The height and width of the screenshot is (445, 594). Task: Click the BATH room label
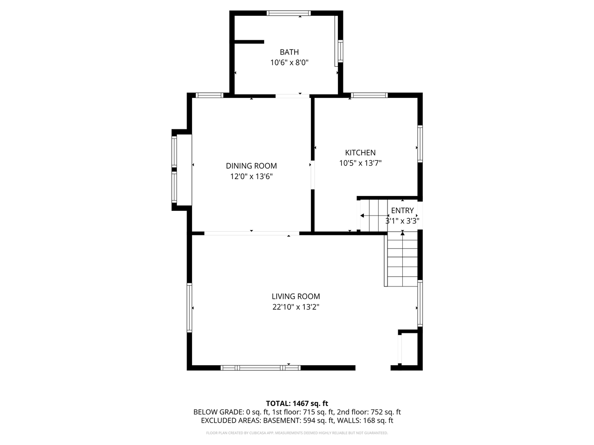pos(289,52)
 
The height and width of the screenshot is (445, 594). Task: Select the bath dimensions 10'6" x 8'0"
pos(289,62)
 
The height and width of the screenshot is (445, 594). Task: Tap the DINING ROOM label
pos(251,166)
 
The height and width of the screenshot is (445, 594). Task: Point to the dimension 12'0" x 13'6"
pos(251,176)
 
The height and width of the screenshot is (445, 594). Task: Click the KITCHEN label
pos(360,153)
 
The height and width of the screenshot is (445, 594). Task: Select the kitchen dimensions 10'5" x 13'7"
pos(360,163)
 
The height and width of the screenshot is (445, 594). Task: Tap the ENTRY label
pos(402,210)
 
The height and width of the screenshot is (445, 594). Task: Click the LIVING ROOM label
pos(296,297)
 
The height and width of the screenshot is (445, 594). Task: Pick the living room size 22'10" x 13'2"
pos(296,307)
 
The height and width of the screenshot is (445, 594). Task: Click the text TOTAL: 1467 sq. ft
pos(297,403)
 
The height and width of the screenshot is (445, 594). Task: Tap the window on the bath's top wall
pos(289,13)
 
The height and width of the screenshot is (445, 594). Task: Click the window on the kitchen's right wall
pos(420,144)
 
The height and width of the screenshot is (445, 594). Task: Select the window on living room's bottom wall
pos(260,368)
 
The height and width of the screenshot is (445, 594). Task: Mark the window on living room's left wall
pos(189,307)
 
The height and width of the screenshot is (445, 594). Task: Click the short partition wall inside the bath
pos(249,42)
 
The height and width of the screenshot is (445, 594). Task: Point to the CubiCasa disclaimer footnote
pos(297,433)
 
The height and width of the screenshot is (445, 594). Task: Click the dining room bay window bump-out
pos(181,169)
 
